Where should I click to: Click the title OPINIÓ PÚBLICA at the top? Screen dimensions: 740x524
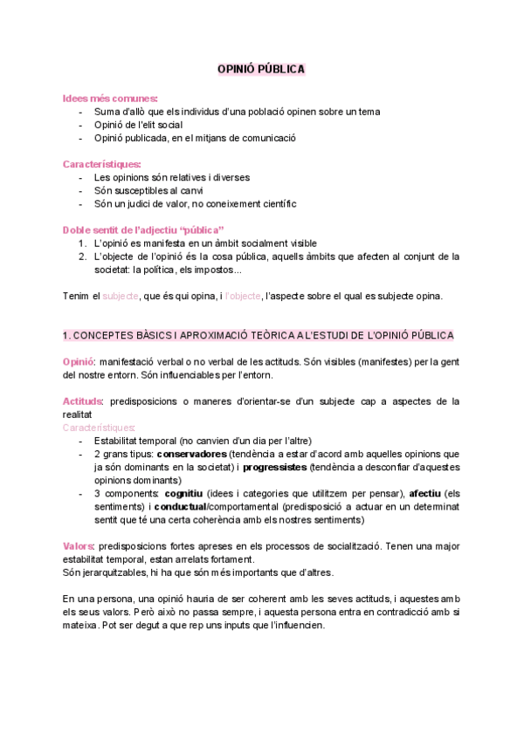261,69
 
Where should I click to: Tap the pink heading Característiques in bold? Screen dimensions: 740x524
101,163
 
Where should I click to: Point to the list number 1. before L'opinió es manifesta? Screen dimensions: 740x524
82,243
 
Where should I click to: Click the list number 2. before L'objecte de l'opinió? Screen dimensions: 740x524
82,256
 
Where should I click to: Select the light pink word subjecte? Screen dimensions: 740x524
121,296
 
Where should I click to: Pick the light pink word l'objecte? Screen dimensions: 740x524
243,296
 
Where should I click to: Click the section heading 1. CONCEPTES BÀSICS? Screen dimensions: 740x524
259,335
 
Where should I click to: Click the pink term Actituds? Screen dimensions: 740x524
83,401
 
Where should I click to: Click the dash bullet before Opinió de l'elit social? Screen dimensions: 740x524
80,125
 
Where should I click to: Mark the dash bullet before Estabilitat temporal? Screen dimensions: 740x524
80,441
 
